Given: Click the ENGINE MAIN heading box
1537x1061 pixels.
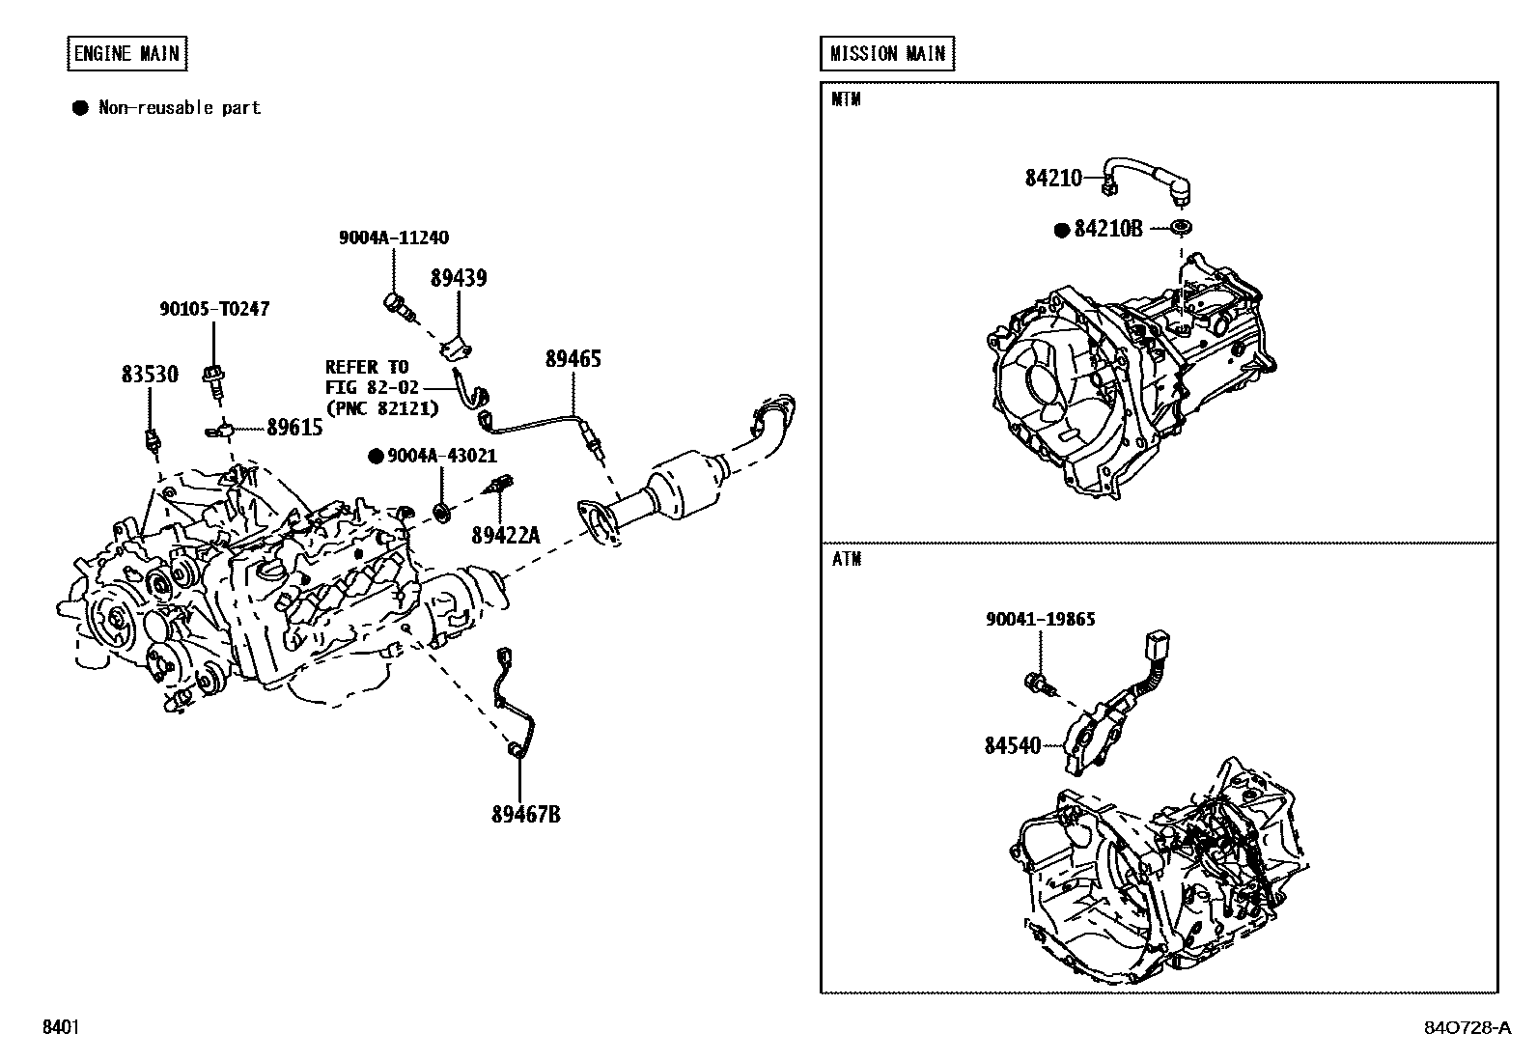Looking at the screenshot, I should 127,53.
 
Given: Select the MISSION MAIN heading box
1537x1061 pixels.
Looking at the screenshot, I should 887,53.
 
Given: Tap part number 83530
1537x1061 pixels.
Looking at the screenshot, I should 150,375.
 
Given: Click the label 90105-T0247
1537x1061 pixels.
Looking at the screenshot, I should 213,309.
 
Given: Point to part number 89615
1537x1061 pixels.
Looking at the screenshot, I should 294,428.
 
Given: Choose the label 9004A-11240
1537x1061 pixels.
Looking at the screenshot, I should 393,237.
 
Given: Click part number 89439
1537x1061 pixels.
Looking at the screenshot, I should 458,278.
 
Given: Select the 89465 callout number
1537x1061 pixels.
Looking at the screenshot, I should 573,359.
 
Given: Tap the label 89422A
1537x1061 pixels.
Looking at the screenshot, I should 505,534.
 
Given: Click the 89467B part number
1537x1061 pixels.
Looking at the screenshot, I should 525,814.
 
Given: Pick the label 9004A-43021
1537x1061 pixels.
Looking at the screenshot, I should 441,456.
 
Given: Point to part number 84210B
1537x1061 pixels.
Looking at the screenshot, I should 1107,229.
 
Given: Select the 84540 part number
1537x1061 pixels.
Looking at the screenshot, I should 1013,745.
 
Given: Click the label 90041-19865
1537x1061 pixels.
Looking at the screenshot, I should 1040,619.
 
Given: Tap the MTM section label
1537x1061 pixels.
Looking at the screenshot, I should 846,99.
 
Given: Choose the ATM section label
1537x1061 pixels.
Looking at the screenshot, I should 846,559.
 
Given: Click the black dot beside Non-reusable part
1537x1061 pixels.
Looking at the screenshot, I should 80,108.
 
